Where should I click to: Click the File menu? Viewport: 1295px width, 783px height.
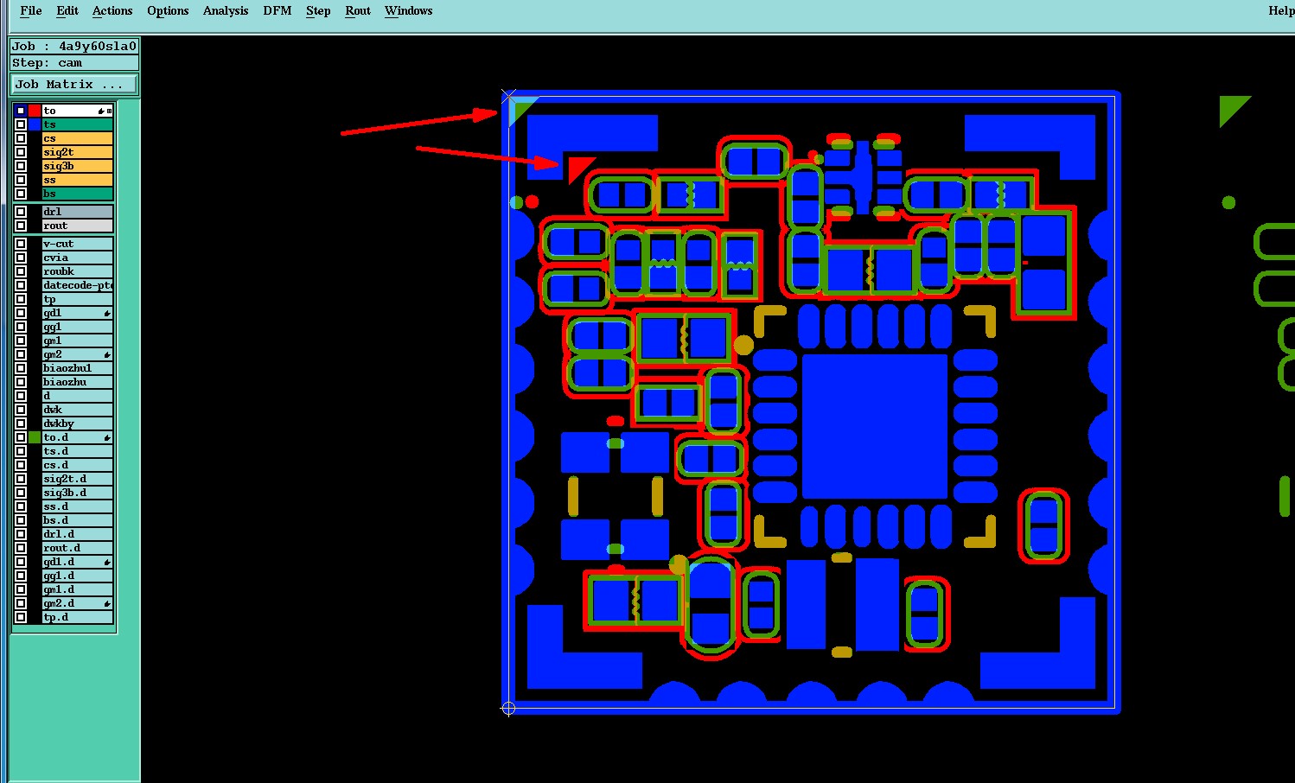tap(30, 11)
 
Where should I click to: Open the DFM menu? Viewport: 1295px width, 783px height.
tap(277, 11)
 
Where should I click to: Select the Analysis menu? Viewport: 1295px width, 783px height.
tap(226, 11)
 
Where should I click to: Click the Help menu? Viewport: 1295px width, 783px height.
tap(1281, 11)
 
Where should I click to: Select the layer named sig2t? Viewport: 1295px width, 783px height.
tap(77, 152)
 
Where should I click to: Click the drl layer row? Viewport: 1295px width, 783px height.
tap(77, 212)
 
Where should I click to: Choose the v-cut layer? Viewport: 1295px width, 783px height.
tap(77, 244)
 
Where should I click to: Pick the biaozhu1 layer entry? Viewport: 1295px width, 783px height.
tap(77, 368)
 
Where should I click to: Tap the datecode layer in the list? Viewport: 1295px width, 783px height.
tap(77, 285)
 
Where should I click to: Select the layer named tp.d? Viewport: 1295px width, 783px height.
tap(77, 617)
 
